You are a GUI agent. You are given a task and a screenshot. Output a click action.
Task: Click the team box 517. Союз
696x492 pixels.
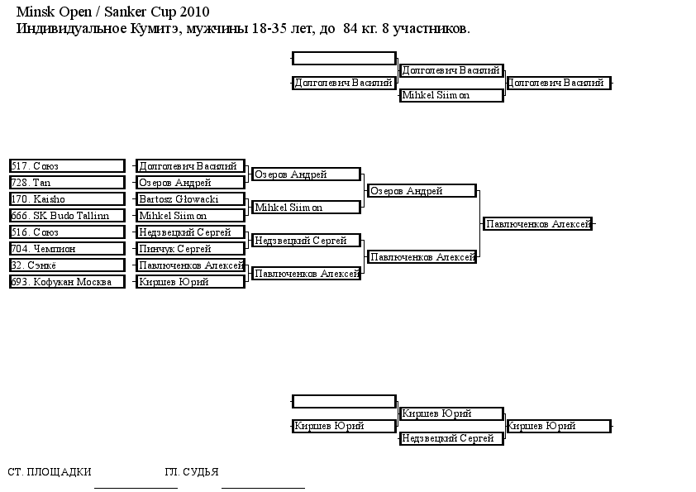coord(67,166)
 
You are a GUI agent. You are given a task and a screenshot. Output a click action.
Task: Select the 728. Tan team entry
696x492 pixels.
coord(67,183)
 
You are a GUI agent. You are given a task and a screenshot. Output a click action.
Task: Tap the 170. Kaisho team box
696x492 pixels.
coord(67,199)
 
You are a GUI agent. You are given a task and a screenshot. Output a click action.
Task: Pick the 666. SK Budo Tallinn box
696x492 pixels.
coord(67,215)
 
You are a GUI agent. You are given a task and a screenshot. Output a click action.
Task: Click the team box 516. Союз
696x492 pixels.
coord(67,232)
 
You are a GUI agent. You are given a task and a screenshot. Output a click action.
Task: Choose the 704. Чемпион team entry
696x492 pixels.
coord(67,249)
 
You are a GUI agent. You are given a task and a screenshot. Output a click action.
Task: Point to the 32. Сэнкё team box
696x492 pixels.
coord(67,265)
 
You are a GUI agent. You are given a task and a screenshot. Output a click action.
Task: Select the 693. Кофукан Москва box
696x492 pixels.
coord(67,281)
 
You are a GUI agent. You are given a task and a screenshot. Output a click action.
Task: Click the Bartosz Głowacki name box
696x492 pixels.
coord(190,199)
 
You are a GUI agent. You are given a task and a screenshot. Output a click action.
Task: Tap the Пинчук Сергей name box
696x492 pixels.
coord(190,249)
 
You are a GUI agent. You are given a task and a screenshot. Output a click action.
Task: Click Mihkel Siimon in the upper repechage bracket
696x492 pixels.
coord(451,95)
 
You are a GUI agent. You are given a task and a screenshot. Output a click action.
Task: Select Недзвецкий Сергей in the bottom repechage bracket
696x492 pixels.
coord(451,438)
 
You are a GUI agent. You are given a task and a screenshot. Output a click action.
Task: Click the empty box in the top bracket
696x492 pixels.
coord(344,58)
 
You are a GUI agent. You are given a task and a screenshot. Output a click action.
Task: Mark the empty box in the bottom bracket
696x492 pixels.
coord(344,401)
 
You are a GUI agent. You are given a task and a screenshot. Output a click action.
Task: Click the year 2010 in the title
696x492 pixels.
coord(194,12)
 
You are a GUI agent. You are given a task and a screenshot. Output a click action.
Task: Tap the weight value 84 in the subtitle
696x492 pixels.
coord(350,28)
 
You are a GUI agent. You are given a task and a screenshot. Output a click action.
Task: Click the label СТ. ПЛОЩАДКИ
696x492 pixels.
coord(50,471)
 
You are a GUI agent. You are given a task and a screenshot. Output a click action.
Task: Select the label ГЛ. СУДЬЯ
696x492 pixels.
coord(191,471)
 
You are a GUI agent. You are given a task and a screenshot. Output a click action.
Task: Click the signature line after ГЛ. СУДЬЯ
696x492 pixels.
coord(263,488)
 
